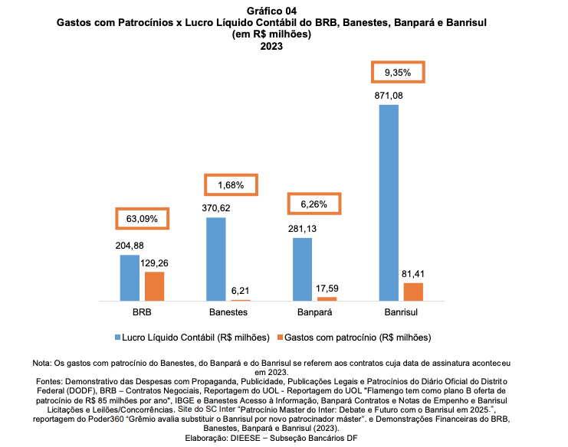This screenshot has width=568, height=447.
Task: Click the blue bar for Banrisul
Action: click(x=389, y=202)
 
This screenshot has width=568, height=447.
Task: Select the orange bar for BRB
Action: click(x=154, y=285)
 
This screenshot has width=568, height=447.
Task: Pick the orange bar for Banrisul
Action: click(x=413, y=292)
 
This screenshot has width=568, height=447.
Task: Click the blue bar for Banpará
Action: click(x=302, y=269)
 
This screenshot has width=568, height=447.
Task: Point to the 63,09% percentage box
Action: click(x=142, y=218)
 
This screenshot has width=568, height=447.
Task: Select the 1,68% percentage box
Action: click(x=230, y=185)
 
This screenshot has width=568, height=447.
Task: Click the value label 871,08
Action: click(x=389, y=96)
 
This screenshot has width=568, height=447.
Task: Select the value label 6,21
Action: click(x=241, y=291)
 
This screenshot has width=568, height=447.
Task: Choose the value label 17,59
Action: click(x=327, y=289)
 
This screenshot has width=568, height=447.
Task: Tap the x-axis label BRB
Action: click(x=142, y=313)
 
